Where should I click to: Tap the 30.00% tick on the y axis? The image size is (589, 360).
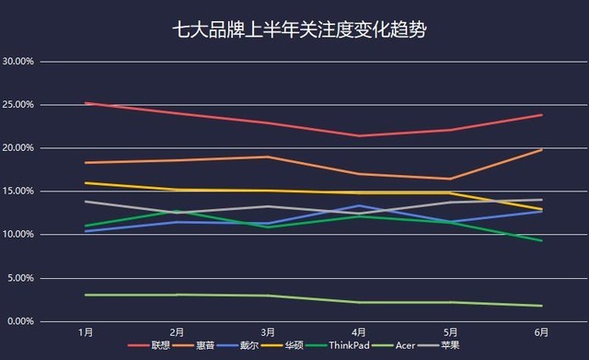coord(19,62)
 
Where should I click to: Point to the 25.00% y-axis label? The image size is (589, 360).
coord(19,105)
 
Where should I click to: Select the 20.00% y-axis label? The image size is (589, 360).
coord(19,148)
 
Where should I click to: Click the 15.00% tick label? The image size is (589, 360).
coord(19,192)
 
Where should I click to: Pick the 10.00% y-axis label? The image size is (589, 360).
coord(19,235)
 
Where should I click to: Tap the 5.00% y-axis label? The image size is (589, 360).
coord(22,278)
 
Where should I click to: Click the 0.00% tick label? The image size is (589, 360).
coord(22,321)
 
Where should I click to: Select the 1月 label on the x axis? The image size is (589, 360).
coord(85,332)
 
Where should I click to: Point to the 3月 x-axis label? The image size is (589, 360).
coord(267,332)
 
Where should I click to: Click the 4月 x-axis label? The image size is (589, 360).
coord(359,332)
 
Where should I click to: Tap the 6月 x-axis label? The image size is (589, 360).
coord(541,332)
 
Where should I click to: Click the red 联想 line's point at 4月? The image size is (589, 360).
coord(359,135)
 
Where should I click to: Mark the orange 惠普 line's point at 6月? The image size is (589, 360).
coord(541,150)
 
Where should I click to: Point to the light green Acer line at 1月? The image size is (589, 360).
coord(85,295)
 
